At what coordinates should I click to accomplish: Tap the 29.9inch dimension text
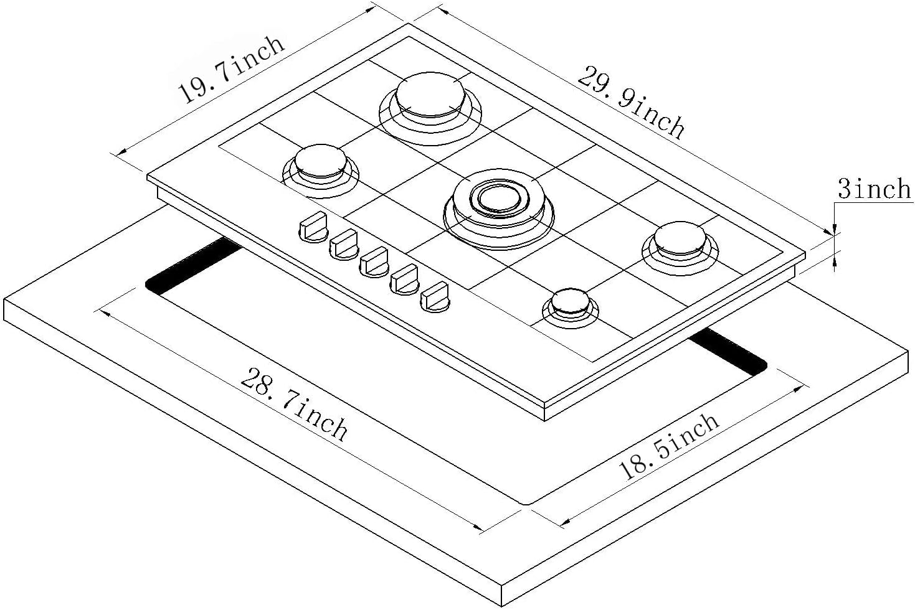tap(631, 101)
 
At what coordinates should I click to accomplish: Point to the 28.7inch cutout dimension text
tap(294, 405)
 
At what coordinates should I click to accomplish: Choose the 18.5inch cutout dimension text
tap(669, 446)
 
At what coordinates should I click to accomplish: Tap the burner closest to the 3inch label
tap(680, 240)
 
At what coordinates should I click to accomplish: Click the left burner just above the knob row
tap(320, 163)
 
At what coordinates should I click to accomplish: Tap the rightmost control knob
tap(435, 296)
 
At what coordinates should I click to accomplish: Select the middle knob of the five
tap(374, 261)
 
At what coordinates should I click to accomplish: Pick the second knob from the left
tap(343, 244)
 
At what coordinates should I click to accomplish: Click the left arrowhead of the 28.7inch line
tap(105, 311)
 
